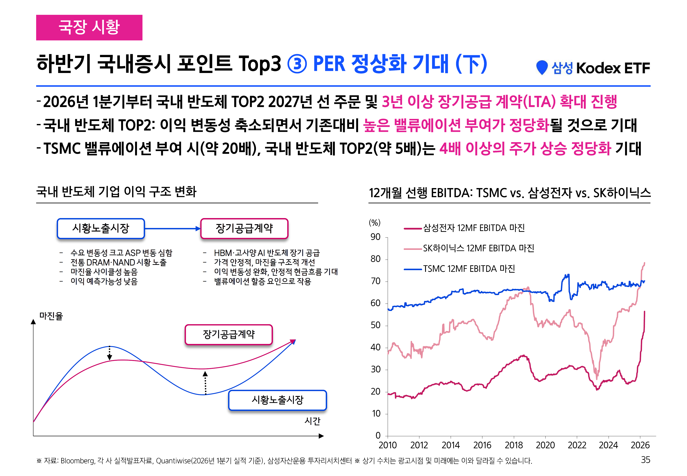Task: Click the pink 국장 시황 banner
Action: click(x=89, y=28)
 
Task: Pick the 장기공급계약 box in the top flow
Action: click(x=244, y=228)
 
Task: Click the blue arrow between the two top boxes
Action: click(x=173, y=229)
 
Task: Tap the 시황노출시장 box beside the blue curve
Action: click(x=277, y=400)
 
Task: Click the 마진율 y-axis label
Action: click(x=51, y=316)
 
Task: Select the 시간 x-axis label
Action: click(x=312, y=421)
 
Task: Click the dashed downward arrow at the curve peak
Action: click(x=110, y=353)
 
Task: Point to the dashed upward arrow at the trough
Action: click(x=205, y=383)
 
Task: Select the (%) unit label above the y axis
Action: click(x=375, y=223)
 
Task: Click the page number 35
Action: click(x=646, y=460)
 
